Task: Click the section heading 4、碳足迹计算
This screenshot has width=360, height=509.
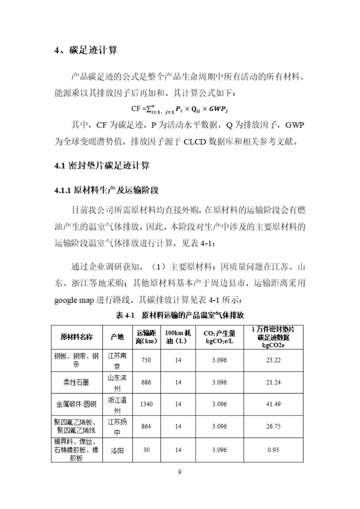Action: coord(86,50)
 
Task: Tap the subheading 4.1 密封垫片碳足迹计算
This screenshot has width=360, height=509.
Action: coord(102,165)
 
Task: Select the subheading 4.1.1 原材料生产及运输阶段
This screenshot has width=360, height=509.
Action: coord(106,190)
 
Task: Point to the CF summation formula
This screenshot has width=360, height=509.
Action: coord(180,109)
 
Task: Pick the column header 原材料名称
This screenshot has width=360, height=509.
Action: coord(76,337)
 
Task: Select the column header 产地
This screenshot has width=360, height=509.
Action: coord(117,337)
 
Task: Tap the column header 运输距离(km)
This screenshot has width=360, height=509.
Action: coord(146,337)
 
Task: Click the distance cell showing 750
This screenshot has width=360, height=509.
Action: coord(146,360)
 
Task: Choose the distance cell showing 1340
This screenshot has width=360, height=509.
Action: coord(146,404)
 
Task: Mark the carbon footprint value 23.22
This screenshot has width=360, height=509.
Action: coord(273,360)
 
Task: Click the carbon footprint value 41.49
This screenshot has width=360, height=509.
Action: coord(273,404)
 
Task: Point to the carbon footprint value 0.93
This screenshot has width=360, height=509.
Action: coord(273,450)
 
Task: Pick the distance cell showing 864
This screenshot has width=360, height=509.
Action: coord(146,426)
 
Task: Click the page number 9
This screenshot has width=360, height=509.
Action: coord(180,472)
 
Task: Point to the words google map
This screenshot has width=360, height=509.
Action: coord(74,300)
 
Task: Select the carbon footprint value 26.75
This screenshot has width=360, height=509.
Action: coord(273,426)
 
